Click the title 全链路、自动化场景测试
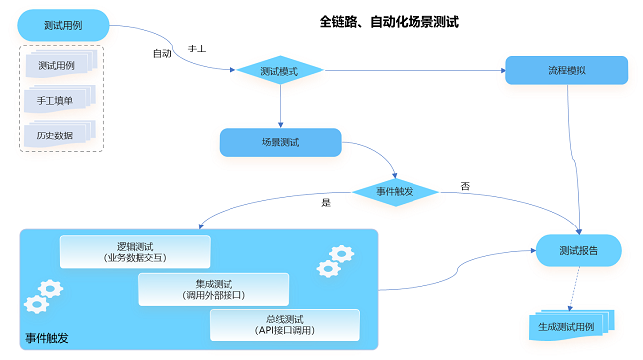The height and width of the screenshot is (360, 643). pos(389,21)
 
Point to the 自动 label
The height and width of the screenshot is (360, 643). pos(161,53)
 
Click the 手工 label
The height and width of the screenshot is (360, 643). pos(196,48)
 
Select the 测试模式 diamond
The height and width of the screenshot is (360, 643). pos(280,71)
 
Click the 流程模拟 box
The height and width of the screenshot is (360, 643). pos(566,70)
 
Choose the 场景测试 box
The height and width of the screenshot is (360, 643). pos(280,142)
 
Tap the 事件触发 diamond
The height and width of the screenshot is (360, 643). pos(395,190)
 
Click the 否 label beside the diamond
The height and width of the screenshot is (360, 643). pos(465,186)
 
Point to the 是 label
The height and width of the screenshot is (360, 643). pos(325,202)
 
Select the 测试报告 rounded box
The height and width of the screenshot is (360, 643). pos(579,250)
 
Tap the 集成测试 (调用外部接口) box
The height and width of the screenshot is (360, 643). pos(213,289)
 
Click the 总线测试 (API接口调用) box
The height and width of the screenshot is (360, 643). pos(284,324)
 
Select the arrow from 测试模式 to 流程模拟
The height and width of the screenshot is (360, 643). pos(415,70)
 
